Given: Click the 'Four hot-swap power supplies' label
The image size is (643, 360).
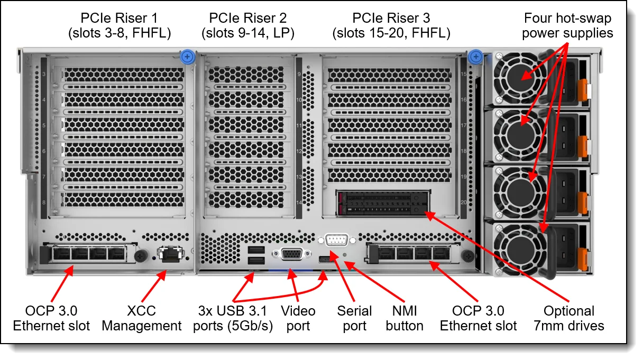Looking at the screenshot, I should pos(568,25).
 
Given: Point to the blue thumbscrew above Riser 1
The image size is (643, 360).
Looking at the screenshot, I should pos(187,56).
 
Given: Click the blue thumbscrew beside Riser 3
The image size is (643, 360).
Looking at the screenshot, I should pos(475,56).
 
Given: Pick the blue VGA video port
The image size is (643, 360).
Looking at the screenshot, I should pos(291,254).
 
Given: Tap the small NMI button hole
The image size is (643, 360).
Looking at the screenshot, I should pos(346,255).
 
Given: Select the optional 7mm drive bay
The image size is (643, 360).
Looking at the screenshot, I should pos(384,204).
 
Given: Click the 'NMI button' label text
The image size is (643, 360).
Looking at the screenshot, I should pos(405,318).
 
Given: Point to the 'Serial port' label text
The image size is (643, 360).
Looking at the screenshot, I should pos(354,318).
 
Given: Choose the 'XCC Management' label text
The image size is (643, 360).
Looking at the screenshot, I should pos(142,318).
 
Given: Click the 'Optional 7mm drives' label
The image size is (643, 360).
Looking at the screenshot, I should pos(568,318).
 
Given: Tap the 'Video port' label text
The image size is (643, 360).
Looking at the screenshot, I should pos(298,318).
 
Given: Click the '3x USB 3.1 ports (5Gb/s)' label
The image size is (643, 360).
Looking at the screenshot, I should pos(233,318).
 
